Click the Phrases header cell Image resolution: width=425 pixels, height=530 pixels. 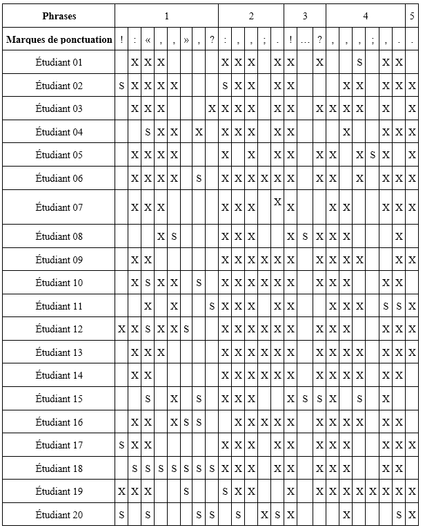pyautogui.click(x=59, y=15)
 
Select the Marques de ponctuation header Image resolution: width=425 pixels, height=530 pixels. pyautogui.click(x=59, y=39)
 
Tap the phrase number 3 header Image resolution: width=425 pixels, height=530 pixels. pyautogui.click(x=304, y=15)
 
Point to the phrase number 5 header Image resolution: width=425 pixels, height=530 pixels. pyautogui.click(x=412, y=15)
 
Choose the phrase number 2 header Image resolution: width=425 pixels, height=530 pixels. pyautogui.click(x=251, y=15)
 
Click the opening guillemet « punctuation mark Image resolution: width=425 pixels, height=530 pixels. pyautogui.click(x=148, y=39)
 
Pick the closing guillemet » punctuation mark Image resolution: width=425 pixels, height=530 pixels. pyautogui.click(x=186, y=39)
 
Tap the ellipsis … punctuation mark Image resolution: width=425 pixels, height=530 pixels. pyautogui.click(x=305, y=39)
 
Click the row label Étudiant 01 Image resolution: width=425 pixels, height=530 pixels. pyautogui.click(x=59, y=63)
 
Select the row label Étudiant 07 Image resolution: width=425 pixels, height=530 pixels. pyautogui.click(x=59, y=207)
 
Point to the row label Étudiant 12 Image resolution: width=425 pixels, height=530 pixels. pyautogui.click(x=59, y=329)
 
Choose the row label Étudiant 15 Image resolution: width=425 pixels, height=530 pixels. pyautogui.click(x=59, y=399)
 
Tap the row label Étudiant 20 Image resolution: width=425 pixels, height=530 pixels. pyautogui.click(x=59, y=514)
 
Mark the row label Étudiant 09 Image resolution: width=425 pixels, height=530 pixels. pyautogui.click(x=59, y=260)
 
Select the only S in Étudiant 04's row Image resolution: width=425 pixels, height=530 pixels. pyautogui.click(x=148, y=132)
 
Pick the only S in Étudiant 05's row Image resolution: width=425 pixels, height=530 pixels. pyautogui.click(x=373, y=155)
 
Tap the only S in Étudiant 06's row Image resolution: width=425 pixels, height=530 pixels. pyautogui.click(x=199, y=178)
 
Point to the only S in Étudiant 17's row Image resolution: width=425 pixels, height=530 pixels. pyautogui.click(x=121, y=445)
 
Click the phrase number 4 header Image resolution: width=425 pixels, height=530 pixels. pyautogui.click(x=366, y=15)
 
